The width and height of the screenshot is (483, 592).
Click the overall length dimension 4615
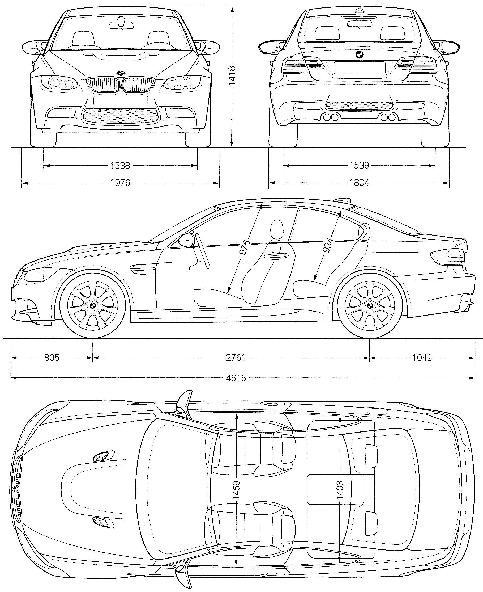236,378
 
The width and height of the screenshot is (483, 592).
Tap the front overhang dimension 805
52,358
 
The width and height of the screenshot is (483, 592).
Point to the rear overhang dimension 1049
422,358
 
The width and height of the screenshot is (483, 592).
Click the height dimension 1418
232,75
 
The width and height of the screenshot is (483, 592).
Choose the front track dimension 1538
120,166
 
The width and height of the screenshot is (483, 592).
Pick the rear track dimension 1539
359,166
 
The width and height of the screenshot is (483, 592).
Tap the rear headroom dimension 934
328,245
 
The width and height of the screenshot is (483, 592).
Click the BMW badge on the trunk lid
360,55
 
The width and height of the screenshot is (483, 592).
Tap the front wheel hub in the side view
93,306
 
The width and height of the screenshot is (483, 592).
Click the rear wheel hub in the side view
370,306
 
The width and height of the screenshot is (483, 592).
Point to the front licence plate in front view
121,102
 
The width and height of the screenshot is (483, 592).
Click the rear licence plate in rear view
360,68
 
